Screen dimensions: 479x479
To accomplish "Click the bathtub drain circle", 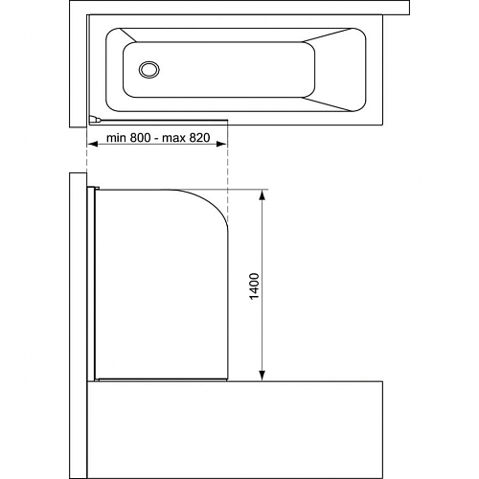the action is point(149,69).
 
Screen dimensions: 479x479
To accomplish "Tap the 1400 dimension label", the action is point(254,285).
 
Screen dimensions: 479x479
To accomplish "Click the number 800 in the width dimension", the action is point(140,138).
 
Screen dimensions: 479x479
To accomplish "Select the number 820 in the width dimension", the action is point(199,138).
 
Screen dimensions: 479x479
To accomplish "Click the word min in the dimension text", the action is point(117,138).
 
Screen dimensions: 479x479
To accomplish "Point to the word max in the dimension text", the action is point(174,138).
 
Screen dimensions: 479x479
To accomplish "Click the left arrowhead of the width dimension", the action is point(93,145).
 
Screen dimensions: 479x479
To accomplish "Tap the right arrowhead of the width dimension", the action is point(221,145).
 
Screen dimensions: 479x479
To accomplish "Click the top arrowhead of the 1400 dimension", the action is point(262,194).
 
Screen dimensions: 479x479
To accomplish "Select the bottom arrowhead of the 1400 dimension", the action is point(262,376).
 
